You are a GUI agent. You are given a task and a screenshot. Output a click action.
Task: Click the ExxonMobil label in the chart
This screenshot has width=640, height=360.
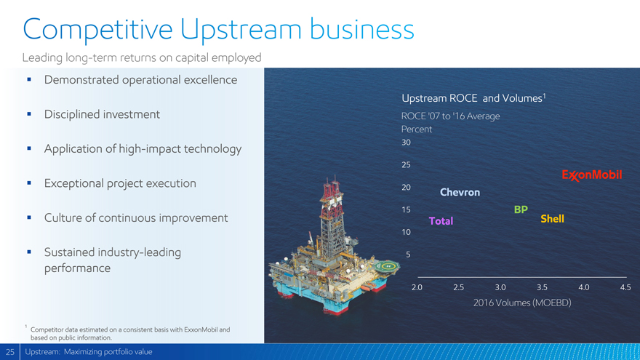(592, 175)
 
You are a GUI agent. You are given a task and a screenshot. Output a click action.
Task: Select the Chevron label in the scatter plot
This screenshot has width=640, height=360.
(460, 192)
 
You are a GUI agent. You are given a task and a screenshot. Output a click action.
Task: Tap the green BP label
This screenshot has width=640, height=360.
(521, 209)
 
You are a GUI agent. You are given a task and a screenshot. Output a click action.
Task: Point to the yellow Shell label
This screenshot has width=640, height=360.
(552, 219)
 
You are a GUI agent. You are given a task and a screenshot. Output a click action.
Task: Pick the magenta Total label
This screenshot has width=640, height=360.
(441, 221)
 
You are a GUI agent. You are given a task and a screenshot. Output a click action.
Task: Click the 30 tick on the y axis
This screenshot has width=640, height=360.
(406, 143)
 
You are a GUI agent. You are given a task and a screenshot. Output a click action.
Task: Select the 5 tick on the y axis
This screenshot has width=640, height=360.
(408, 255)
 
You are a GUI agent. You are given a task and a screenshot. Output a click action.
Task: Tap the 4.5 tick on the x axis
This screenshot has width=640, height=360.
(625, 287)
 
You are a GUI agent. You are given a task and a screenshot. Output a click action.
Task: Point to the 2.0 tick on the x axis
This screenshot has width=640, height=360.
(417, 287)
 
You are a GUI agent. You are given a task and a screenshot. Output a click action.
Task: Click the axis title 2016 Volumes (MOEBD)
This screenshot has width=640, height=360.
(522, 303)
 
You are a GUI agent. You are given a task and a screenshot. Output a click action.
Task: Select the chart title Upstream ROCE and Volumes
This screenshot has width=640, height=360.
(473, 98)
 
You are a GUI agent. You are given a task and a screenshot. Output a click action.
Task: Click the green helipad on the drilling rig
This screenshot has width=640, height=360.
(386, 267)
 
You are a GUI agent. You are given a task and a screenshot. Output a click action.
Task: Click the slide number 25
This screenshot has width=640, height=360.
(10, 352)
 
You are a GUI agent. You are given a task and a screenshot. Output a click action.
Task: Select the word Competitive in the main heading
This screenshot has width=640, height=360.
(97, 30)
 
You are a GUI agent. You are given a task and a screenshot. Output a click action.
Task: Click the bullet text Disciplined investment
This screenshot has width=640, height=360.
(102, 114)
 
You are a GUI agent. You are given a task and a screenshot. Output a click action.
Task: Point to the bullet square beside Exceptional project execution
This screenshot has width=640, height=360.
(29, 183)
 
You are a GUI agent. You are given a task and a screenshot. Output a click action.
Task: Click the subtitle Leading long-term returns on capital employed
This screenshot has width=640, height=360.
(142, 58)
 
